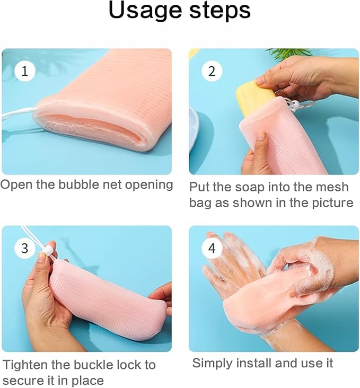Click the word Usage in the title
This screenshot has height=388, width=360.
145,11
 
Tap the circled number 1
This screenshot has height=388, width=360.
25,71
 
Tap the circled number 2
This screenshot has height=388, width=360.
212,71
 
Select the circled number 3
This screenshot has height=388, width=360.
25,248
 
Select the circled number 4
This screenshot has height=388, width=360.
212,248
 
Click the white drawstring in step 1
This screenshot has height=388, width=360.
17,114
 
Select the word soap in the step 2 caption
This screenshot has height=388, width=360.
250,187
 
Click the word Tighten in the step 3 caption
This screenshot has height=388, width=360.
25,365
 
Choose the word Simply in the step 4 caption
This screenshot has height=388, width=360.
212,364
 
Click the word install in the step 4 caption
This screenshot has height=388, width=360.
254,363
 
